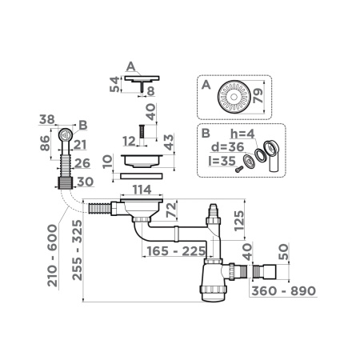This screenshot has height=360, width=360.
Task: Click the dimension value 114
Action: coord(142,190)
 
